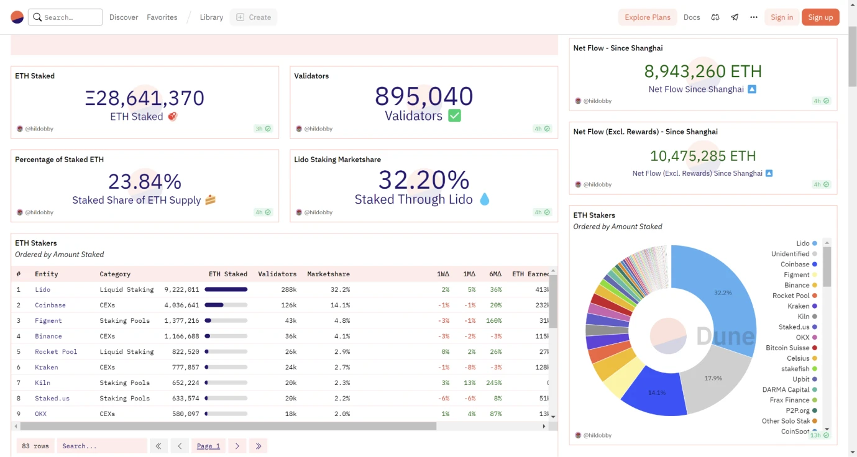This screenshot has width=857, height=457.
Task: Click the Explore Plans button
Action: click(647, 17)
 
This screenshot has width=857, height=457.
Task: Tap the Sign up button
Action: click(820, 17)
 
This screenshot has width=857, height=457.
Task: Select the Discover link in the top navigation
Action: click(124, 17)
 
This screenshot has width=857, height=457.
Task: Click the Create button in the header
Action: click(254, 17)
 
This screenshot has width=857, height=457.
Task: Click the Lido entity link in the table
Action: click(43, 289)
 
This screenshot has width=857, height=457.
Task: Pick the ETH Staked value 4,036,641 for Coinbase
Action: click(181, 305)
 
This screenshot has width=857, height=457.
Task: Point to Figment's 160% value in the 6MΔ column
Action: click(493, 320)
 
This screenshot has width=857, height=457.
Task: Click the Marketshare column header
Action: click(328, 274)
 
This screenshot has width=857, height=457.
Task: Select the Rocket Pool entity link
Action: click(56, 351)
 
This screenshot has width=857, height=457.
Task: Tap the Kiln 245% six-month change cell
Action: click(493, 382)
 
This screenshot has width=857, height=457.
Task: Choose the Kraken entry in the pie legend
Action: click(798, 306)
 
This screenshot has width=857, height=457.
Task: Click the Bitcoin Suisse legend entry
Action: click(787, 348)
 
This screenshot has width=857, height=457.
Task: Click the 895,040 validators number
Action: click(424, 96)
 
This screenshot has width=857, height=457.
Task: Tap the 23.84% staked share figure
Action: click(145, 181)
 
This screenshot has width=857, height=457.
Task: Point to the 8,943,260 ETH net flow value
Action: click(703, 71)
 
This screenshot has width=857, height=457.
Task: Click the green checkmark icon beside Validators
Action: click(455, 115)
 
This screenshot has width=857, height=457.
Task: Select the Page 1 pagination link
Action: click(208, 446)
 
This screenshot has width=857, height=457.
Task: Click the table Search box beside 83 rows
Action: click(101, 446)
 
